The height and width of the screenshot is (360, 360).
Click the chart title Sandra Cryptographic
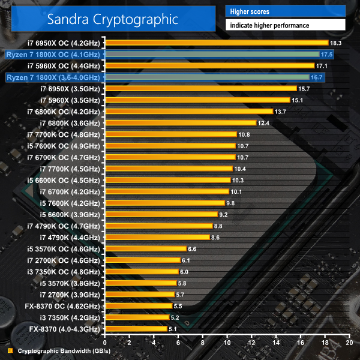pos(114,19)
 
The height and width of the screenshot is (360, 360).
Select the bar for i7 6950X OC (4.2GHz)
pos(216,43)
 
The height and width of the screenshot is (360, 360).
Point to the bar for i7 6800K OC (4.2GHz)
pos(188,112)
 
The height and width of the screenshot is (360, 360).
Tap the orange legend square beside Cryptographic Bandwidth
pos(10,351)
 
